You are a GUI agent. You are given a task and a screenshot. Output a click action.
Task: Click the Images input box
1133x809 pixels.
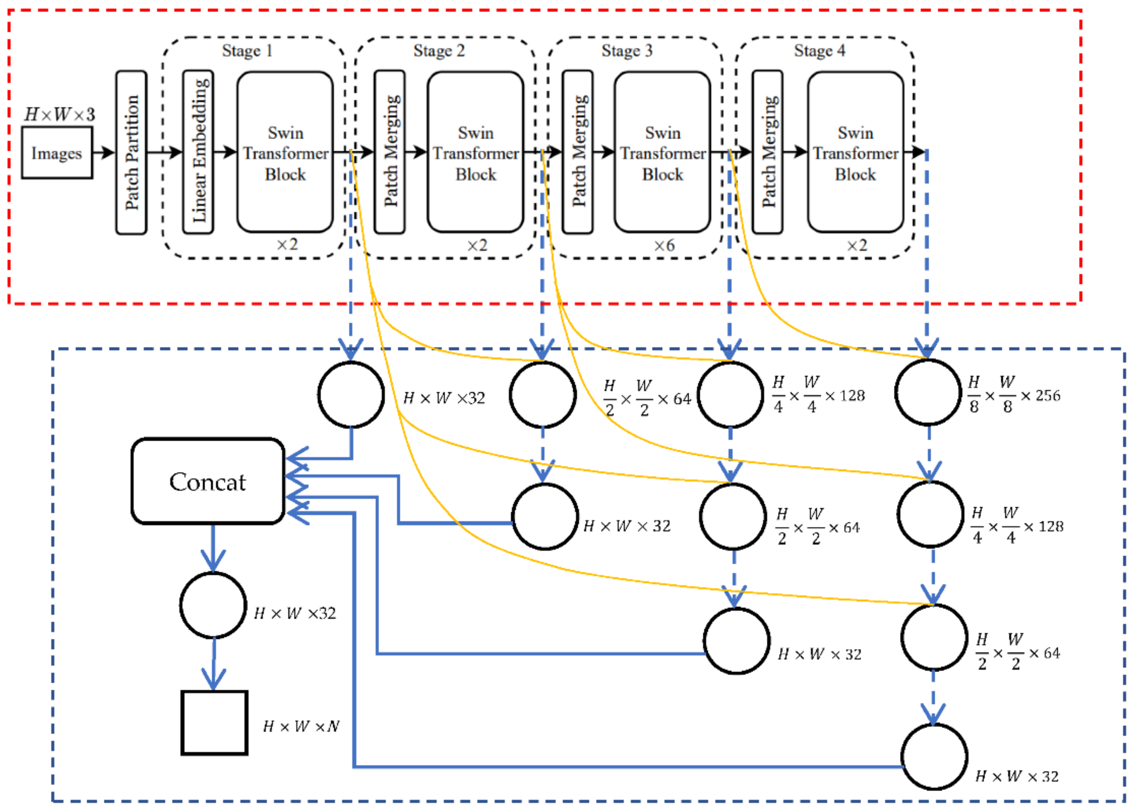click(x=57, y=153)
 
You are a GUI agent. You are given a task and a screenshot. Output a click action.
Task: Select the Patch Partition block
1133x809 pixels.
click(x=131, y=153)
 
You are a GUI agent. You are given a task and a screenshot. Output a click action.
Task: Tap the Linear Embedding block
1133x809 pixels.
click(x=198, y=153)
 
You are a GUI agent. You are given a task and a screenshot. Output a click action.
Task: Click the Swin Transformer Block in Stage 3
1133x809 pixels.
click(x=662, y=153)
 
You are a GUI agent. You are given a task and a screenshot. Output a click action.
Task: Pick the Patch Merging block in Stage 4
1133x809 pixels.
click(x=768, y=153)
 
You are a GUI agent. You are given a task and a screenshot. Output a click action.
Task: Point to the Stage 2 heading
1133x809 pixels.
click(x=439, y=51)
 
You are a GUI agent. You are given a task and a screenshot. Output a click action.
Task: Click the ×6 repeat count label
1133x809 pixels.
click(x=664, y=245)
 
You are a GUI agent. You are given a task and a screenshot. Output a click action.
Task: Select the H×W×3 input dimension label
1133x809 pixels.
click(x=60, y=115)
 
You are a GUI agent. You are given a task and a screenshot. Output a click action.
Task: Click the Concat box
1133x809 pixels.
click(x=208, y=481)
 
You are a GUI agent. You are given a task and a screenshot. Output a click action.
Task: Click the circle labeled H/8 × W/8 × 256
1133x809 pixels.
click(x=928, y=392)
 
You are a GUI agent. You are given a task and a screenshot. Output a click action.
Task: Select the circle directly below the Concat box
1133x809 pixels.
click(x=213, y=605)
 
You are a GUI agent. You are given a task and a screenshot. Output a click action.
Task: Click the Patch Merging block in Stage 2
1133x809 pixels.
click(x=389, y=153)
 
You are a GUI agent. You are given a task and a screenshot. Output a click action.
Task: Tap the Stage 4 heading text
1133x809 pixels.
click(x=819, y=51)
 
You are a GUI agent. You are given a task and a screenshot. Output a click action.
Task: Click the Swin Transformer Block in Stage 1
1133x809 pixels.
click(x=285, y=153)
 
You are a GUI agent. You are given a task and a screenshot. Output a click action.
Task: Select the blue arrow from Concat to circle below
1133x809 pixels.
click(x=213, y=548)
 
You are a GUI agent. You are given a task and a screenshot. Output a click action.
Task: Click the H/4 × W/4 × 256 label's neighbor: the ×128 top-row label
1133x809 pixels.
click(x=819, y=395)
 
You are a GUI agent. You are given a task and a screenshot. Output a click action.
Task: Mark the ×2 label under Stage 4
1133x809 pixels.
click(x=857, y=245)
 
